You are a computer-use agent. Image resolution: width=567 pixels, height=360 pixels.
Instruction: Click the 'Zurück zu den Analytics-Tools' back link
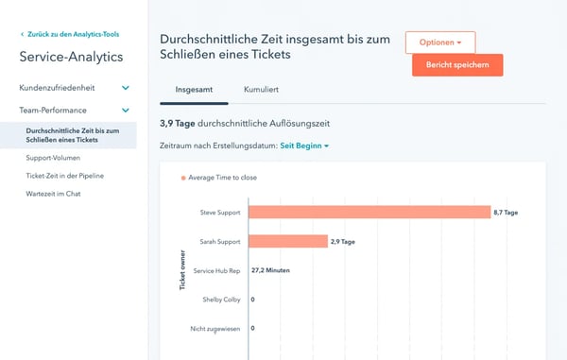[x=72, y=35]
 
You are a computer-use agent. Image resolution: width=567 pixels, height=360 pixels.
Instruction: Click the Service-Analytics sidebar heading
[x=71, y=57]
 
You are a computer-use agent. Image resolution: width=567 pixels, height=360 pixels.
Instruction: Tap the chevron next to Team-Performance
[x=126, y=111]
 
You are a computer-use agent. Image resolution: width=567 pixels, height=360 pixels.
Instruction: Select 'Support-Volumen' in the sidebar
[x=53, y=158]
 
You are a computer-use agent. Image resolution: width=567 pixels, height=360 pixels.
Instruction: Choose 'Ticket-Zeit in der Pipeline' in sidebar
[x=65, y=176]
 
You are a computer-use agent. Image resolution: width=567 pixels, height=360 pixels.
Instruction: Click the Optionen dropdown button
[x=440, y=43]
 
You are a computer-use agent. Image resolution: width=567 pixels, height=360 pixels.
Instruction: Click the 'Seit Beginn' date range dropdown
[x=304, y=146]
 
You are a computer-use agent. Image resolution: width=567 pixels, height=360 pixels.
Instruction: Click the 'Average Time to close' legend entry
[x=221, y=177]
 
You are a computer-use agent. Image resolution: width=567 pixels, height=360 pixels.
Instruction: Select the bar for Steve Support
[x=369, y=213]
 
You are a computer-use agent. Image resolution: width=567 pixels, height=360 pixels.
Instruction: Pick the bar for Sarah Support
[x=288, y=242]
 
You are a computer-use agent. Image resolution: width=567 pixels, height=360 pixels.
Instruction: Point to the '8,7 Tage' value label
[x=506, y=213]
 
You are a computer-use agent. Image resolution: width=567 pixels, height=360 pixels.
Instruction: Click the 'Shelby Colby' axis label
[x=221, y=300]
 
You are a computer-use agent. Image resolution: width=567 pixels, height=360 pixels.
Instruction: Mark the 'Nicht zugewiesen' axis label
[x=215, y=328]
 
